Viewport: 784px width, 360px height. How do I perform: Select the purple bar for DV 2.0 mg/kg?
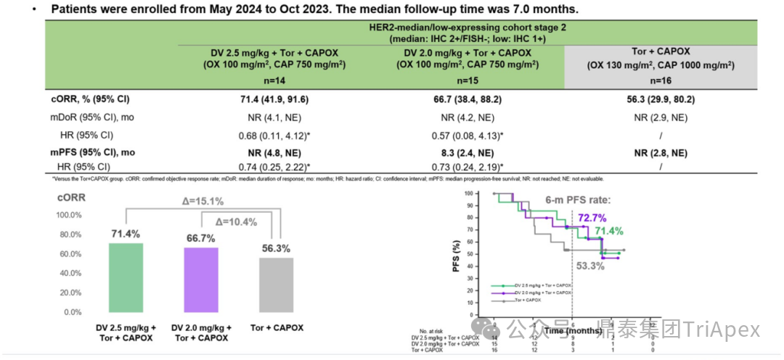(200, 279)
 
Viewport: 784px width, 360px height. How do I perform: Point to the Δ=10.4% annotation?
(237, 222)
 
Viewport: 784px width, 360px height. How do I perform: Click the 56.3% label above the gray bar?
(276, 248)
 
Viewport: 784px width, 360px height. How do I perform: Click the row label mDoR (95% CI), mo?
(95, 117)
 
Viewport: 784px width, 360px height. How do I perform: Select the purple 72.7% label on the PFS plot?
(592, 218)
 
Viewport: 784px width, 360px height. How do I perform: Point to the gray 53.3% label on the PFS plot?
(590, 266)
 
